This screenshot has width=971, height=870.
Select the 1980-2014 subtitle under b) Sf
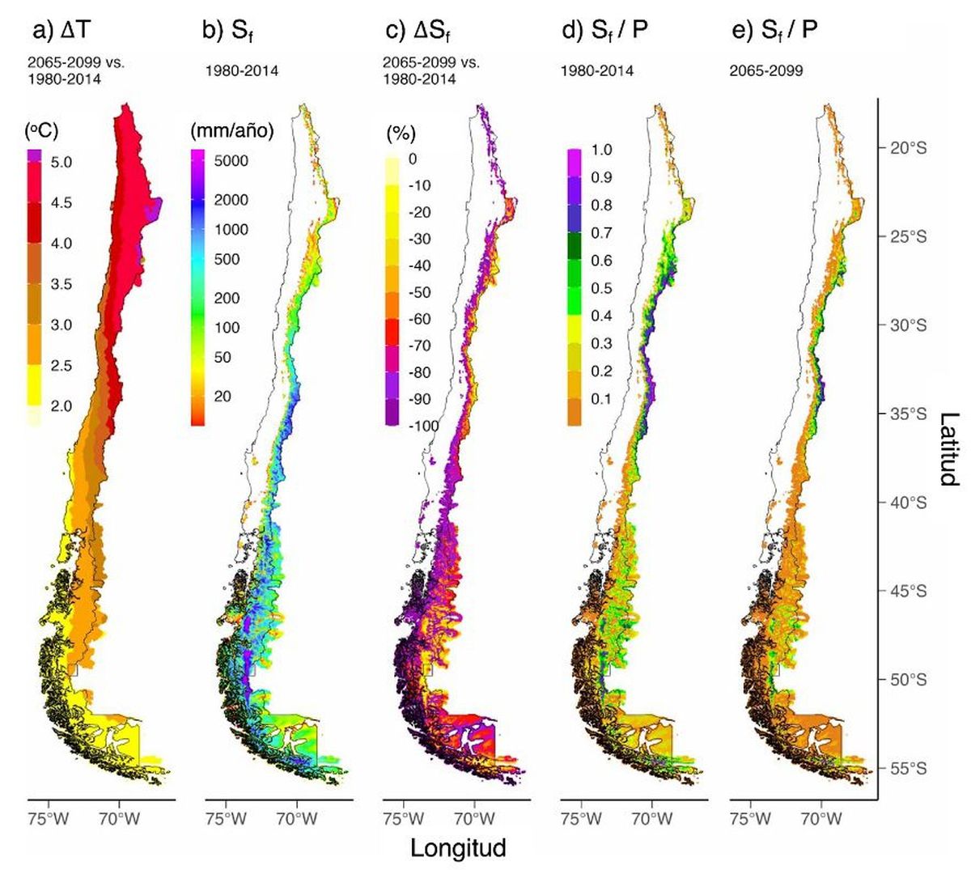point(241,71)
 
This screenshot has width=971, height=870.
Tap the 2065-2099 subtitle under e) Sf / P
point(765,71)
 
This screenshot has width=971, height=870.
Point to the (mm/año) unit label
point(232,131)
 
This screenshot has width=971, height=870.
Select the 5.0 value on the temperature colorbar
point(61,163)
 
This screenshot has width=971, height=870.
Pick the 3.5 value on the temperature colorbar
point(61,285)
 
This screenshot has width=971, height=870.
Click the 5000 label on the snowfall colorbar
point(231,161)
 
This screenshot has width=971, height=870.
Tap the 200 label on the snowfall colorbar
point(227,299)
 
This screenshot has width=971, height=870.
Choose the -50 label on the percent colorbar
point(421,293)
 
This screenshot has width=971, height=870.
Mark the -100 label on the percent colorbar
point(422,426)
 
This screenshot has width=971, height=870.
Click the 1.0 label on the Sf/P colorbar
point(601,151)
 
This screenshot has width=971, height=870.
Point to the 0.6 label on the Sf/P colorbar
point(601,261)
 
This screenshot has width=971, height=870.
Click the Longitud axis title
point(458,848)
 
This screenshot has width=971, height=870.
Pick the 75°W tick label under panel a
point(48,818)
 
